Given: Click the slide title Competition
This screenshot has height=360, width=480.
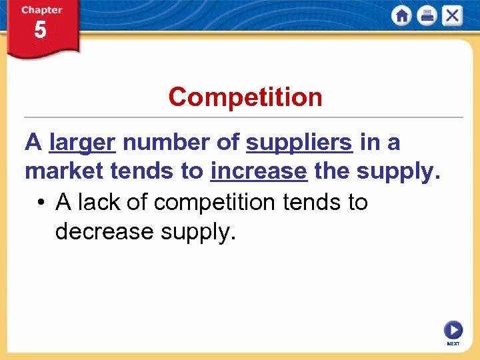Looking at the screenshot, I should tap(245, 97).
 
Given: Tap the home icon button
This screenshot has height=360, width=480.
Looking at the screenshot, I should tap(402, 15).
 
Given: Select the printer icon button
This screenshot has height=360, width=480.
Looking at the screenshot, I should tap(427, 15).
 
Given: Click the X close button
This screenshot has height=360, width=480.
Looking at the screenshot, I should tap(451, 15).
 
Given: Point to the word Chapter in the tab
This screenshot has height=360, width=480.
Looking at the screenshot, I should tap(41, 10).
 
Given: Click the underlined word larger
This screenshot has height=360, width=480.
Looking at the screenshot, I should tap(83, 143).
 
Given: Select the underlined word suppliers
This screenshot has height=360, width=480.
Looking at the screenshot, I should tap(299, 143).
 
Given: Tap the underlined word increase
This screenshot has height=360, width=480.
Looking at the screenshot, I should tap(259, 172).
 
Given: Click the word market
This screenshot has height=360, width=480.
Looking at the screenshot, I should tap(64, 172).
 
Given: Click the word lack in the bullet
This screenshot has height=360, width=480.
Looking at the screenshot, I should tap(96, 202).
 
